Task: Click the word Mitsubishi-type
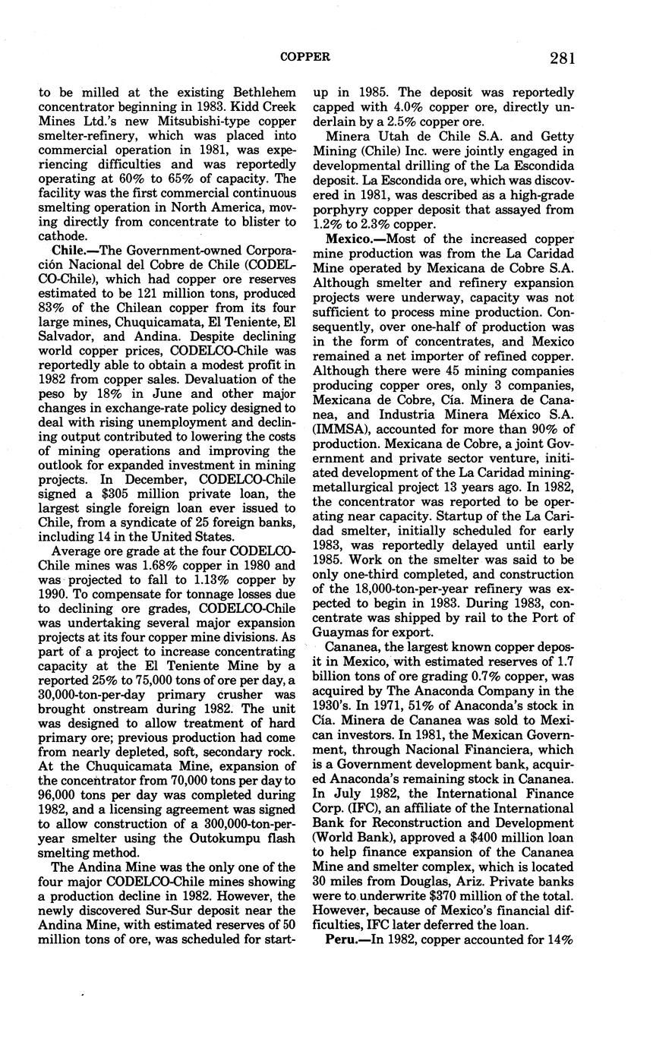pyautogui.click(x=172, y=121)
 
